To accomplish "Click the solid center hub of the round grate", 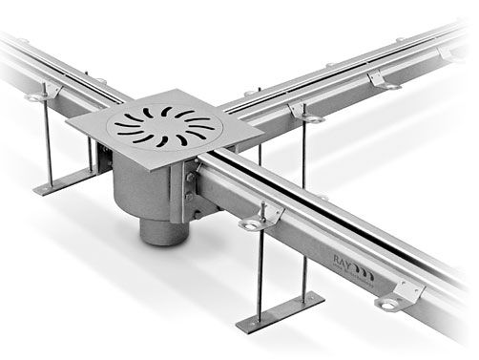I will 162,125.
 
